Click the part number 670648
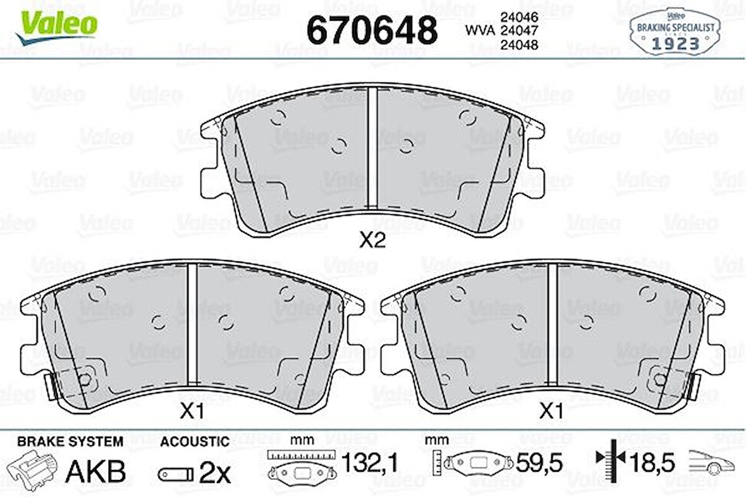point(372,29)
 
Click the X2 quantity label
point(372,240)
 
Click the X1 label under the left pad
point(191,412)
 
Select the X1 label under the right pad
point(551,412)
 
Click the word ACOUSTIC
point(194,441)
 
